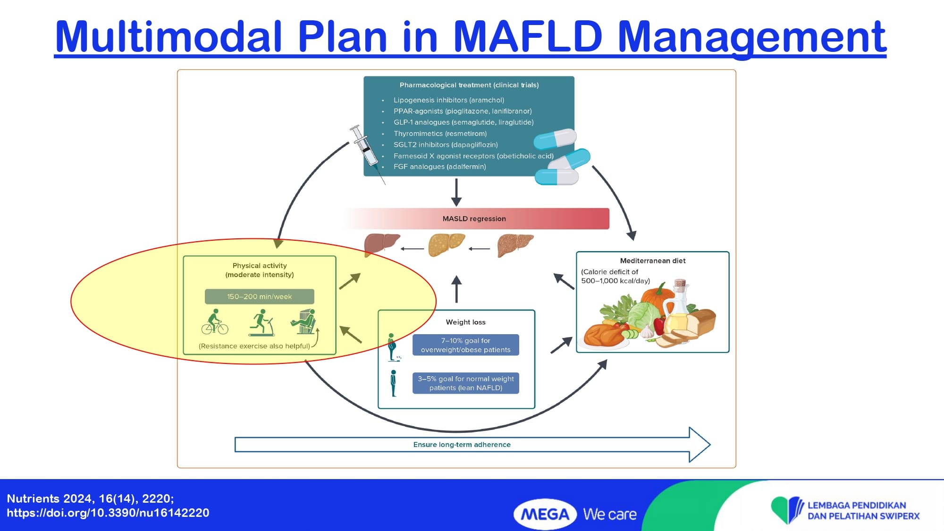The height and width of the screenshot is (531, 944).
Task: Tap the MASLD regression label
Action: coord(474,219)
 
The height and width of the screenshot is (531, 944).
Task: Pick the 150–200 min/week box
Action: coord(259,296)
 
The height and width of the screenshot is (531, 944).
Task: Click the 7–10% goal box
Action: coord(465,345)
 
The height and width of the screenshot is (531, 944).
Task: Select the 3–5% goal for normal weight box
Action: coord(465,383)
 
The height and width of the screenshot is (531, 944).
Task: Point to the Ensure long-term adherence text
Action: coord(462,445)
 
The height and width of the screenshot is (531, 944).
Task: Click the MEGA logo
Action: coord(545,514)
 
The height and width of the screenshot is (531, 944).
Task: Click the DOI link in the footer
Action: coord(108,513)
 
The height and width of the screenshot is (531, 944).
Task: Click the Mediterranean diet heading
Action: coord(652,261)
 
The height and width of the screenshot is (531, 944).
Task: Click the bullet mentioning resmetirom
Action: coord(440,134)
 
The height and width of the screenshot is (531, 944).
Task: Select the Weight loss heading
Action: coord(465,322)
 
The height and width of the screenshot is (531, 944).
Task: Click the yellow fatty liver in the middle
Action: coord(446,245)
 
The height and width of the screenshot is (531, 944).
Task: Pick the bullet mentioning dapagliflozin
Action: coord(446,144)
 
